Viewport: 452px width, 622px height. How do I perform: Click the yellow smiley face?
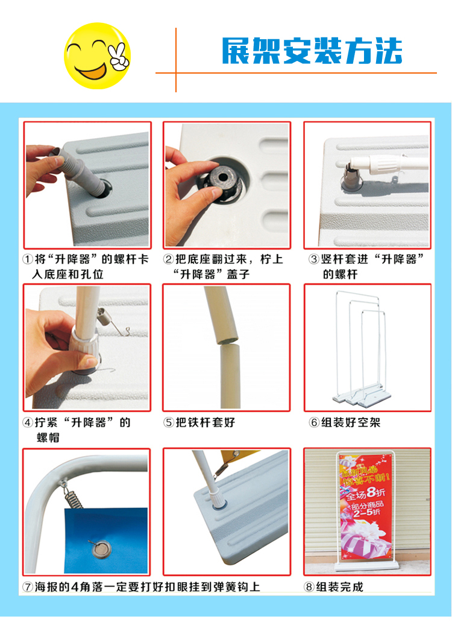point(97,56)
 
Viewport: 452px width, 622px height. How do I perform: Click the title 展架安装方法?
point(312,51)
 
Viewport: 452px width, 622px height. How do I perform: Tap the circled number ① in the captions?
point(28,259)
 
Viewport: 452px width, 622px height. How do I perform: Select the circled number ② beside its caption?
point(169,259)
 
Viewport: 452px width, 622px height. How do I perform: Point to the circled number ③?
point(314,259)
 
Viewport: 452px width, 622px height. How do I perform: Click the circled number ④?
point(28,422)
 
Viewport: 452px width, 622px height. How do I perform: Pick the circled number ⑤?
point(169,422)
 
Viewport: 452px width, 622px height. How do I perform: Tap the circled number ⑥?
point(314,422)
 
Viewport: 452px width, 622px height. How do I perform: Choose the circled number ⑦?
point(28,587)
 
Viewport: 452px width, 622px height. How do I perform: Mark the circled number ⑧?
point(309,587)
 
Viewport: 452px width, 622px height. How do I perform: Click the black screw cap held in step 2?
point(221,182)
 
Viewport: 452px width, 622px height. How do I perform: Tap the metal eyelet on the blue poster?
point(101,550)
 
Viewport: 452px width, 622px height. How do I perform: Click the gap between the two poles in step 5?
point(227,342)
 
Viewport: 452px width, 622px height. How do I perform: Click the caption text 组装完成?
point(339,587)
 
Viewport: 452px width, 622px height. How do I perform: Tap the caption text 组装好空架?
point(351,422)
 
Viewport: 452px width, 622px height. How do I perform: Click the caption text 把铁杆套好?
point(205,422)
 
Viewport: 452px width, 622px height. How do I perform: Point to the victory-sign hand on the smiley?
point(119,57)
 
